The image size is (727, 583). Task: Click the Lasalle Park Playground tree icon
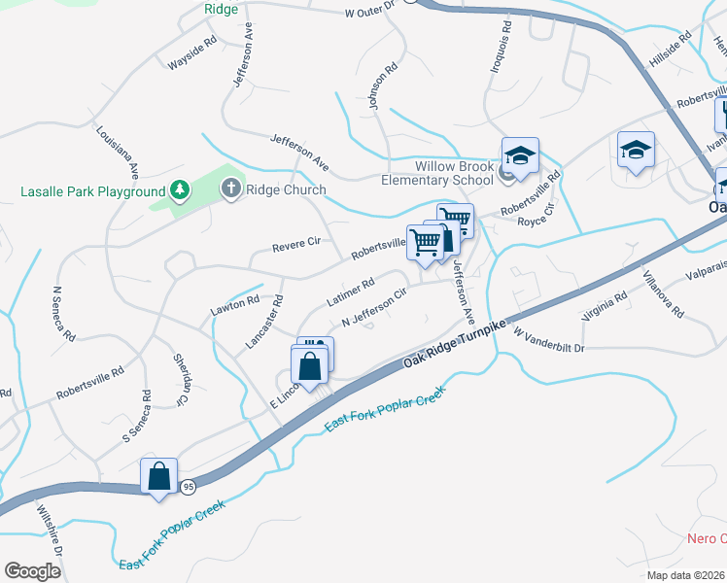pyautogui.click(x=179, y=190)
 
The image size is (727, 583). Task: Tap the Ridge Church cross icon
pyautogui.click(x=231, y=189)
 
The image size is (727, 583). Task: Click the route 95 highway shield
pyautogui.click(x=189, y=486)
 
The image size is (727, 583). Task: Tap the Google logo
pyautogui.click(x=32, y=571)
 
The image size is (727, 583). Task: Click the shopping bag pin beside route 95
pyautogui.click(x=159, y=478)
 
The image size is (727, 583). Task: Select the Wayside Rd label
pyautogui.click(x=191, y=55)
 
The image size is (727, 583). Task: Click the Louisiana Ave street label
pyautogui.click(x=118, y=151)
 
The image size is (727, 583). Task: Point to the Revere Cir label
pyautogui.click(x=295, y=244)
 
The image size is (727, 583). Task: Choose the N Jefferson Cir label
pyautogui.click(x=372, y=310)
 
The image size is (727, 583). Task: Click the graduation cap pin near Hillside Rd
pyautogui.click(x=636, y=151)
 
